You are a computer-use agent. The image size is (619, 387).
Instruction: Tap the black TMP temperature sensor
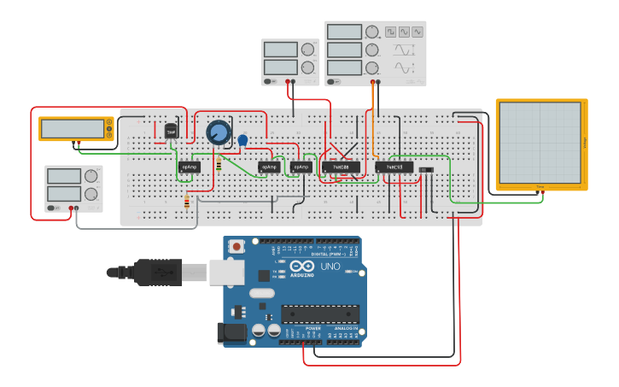[171, 132]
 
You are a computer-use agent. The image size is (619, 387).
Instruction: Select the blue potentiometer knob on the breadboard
[219, 132]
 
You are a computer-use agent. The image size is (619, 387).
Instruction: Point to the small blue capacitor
[242, 139]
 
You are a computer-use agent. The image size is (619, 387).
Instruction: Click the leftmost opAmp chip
[189, 167]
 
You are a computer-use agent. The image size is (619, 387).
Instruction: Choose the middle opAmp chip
[269, 167]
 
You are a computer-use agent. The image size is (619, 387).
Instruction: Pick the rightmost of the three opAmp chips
[301, 167]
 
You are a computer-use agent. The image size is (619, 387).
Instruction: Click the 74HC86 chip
[341, 167]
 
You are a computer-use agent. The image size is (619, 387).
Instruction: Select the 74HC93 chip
[394, 167]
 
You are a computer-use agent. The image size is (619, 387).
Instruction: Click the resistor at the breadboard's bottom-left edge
[187, 202]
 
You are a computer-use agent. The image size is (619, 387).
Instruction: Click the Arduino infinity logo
[301, 267]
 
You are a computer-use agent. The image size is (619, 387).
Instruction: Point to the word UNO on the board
[330, 267]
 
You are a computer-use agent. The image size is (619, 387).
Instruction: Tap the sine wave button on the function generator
[418, 32]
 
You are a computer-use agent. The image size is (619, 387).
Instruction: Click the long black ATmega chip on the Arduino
[320, 314]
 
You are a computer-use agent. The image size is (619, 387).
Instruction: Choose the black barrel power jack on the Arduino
[231, 333]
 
